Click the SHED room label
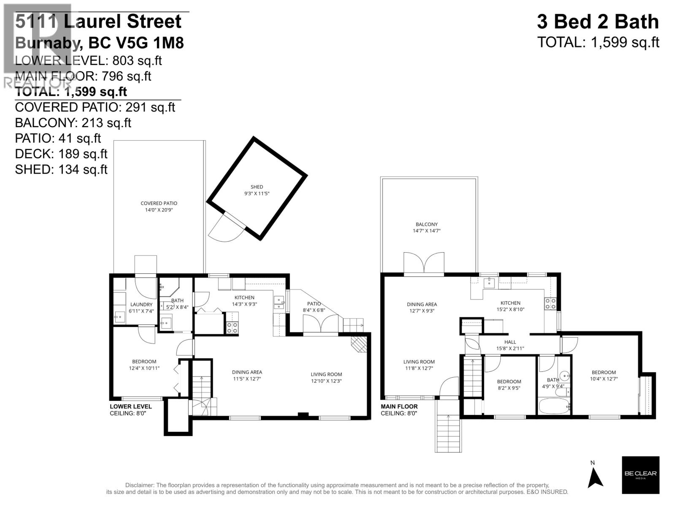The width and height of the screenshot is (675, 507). coord(256,187)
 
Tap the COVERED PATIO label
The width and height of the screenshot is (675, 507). coord(159,203)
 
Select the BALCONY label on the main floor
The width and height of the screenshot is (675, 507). coord(427,224)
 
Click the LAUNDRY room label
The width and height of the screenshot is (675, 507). coord(141,305)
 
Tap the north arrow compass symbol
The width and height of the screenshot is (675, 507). coord(595,477)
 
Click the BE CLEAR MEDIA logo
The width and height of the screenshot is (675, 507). coord(640,474)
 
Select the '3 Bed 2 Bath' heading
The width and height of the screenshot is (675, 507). coord(597,22)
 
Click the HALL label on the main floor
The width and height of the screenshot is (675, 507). coord(510,342)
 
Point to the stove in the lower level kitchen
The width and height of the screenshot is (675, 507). coord(232,328)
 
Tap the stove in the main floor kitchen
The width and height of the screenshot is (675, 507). coord(551,303)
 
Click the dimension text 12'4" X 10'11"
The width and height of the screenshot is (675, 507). coord(144,368)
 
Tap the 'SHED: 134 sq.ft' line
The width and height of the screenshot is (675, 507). coord(61,169)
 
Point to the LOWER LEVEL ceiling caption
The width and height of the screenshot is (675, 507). coord(130,410)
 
